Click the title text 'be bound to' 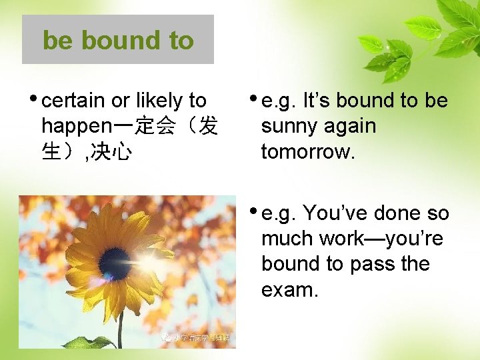[x=118, y=40]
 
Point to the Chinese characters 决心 [x=111, y=152]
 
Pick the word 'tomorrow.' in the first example [x=309, y=152]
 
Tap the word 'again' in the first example [x=351, y=126]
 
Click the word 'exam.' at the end [x=289, y=290]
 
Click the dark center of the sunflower [x=114, y=263]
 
